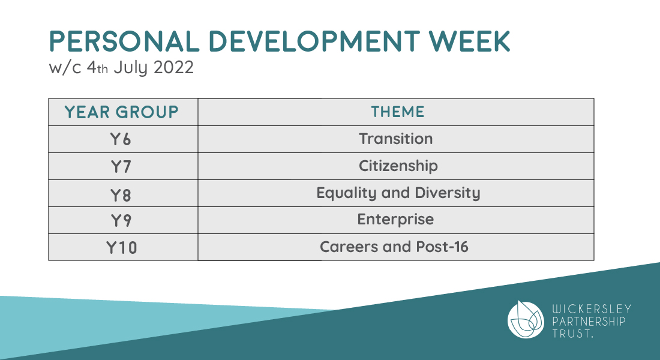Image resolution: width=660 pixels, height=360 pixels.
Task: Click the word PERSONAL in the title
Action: click(x=124, y=41)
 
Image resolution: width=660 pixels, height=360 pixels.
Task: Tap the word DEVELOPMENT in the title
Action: click(x=314, y=41)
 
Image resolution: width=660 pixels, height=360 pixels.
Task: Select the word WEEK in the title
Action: click(x=469, y=41)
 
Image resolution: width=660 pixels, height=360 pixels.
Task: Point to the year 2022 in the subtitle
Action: click(x=173, y=67)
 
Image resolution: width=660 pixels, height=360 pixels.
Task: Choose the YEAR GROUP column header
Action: click(x=122, y=112)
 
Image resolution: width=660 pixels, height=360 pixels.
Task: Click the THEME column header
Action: click(x=397, y=112)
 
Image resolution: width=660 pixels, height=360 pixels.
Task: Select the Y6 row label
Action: click(x=121, y=139)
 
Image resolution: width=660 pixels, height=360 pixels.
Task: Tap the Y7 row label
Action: click(x=121, y=167)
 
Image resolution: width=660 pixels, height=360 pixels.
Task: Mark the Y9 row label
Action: click(x=121, y=220)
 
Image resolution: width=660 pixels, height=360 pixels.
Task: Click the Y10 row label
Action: click(x=122, y=248)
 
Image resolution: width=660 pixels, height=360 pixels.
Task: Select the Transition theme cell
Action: click(x=395, y=139)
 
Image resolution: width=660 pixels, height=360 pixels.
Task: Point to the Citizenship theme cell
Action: click(x=398, y=166)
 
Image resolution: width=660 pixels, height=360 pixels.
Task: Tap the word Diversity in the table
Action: click(x=448, y=193)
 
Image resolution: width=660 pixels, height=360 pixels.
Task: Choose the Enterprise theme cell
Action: click(x=395, y=220)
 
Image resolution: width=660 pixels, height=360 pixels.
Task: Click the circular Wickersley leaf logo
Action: click(x=526, y=320)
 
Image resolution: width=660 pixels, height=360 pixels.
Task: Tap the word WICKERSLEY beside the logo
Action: click(x=592, y=309)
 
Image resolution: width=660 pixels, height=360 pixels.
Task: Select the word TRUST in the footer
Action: click(x=571, y=334)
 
